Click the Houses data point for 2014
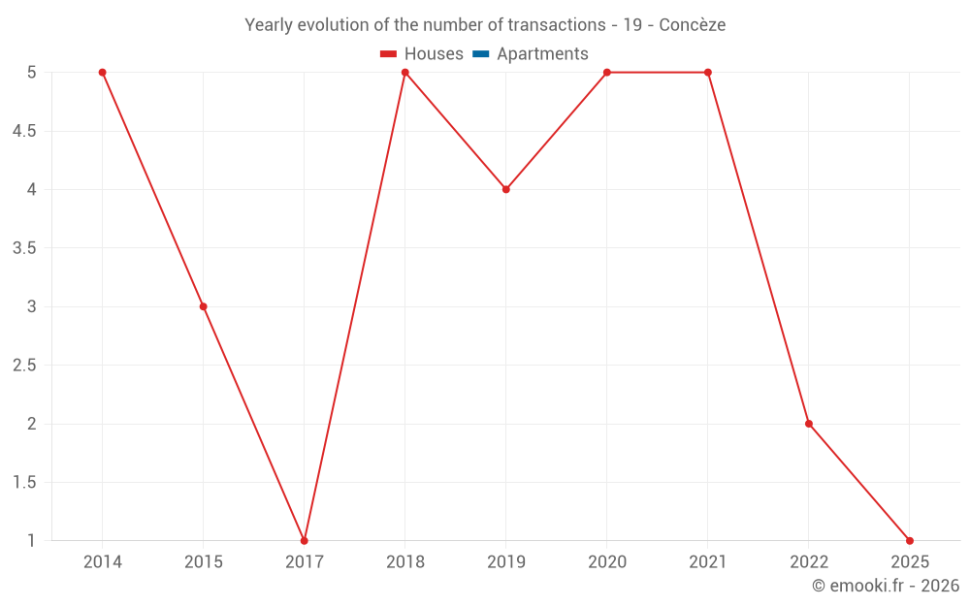coord(102,73)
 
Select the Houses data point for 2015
coord(203,306)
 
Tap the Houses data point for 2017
coord(304,540)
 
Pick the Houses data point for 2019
coord(505,189)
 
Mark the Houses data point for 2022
coord(808,424)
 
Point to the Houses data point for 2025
coord(909,540)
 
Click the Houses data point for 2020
coord(606,73)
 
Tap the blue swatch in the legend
coord(480,54)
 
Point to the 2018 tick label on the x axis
coord(404,561)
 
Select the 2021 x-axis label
coord(707,561)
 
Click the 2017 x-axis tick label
coord(304,561)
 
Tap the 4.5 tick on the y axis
coord(24,131)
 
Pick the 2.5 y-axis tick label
coord(24,366)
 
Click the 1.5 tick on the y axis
coord(24,483)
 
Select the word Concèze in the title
coord(692,25)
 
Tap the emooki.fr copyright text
coord(886,586)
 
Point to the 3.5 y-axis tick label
coord(24,248)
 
